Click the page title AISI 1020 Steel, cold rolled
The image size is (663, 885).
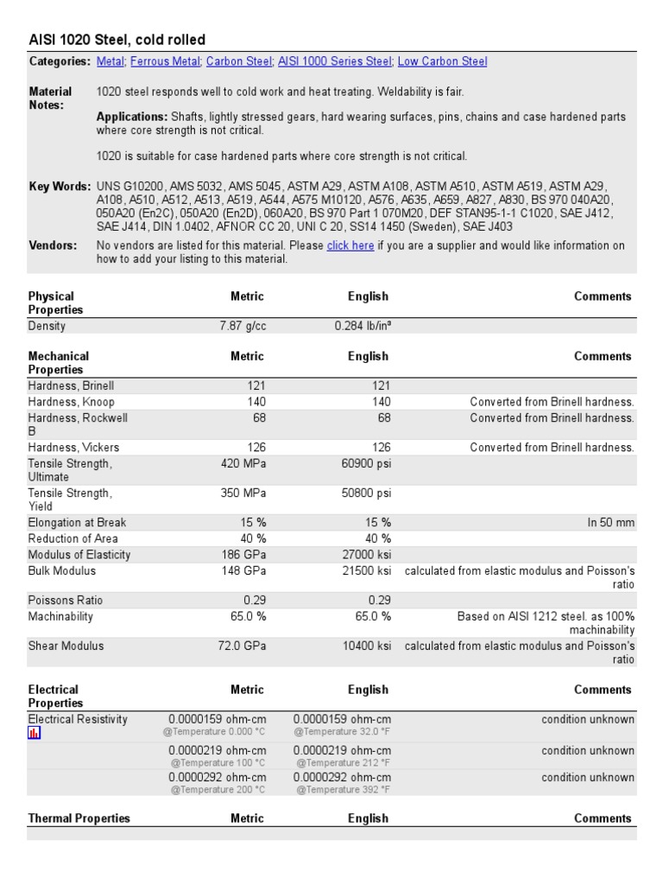point(117,40)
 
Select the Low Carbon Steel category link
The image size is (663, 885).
point(442,61)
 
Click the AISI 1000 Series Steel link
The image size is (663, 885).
point(333,61)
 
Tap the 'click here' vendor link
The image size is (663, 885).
point(350,245)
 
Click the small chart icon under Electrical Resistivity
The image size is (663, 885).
point(35,733)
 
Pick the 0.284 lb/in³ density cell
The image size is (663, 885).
point(363,326)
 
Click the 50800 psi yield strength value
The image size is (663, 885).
point(366,493)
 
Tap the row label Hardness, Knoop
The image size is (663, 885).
point(71,402)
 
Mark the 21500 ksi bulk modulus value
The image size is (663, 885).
point(366,571)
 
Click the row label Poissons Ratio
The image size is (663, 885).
point(66,600)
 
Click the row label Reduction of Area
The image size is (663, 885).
point(74,538)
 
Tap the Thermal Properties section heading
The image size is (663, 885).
point(79,818)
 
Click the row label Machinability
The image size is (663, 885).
point(60,616)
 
